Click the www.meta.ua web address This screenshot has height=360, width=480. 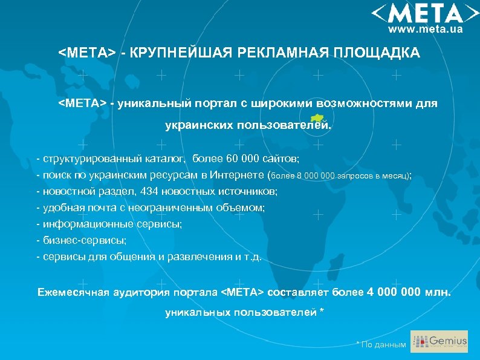click(426, 29)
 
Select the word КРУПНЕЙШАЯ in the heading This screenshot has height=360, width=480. click(178, 53)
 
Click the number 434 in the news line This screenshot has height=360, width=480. click(149, 191)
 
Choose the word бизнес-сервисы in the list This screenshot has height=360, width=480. click(84, 240)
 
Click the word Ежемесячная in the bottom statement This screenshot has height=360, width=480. click(73, 293)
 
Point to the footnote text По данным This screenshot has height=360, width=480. click(383, 345)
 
